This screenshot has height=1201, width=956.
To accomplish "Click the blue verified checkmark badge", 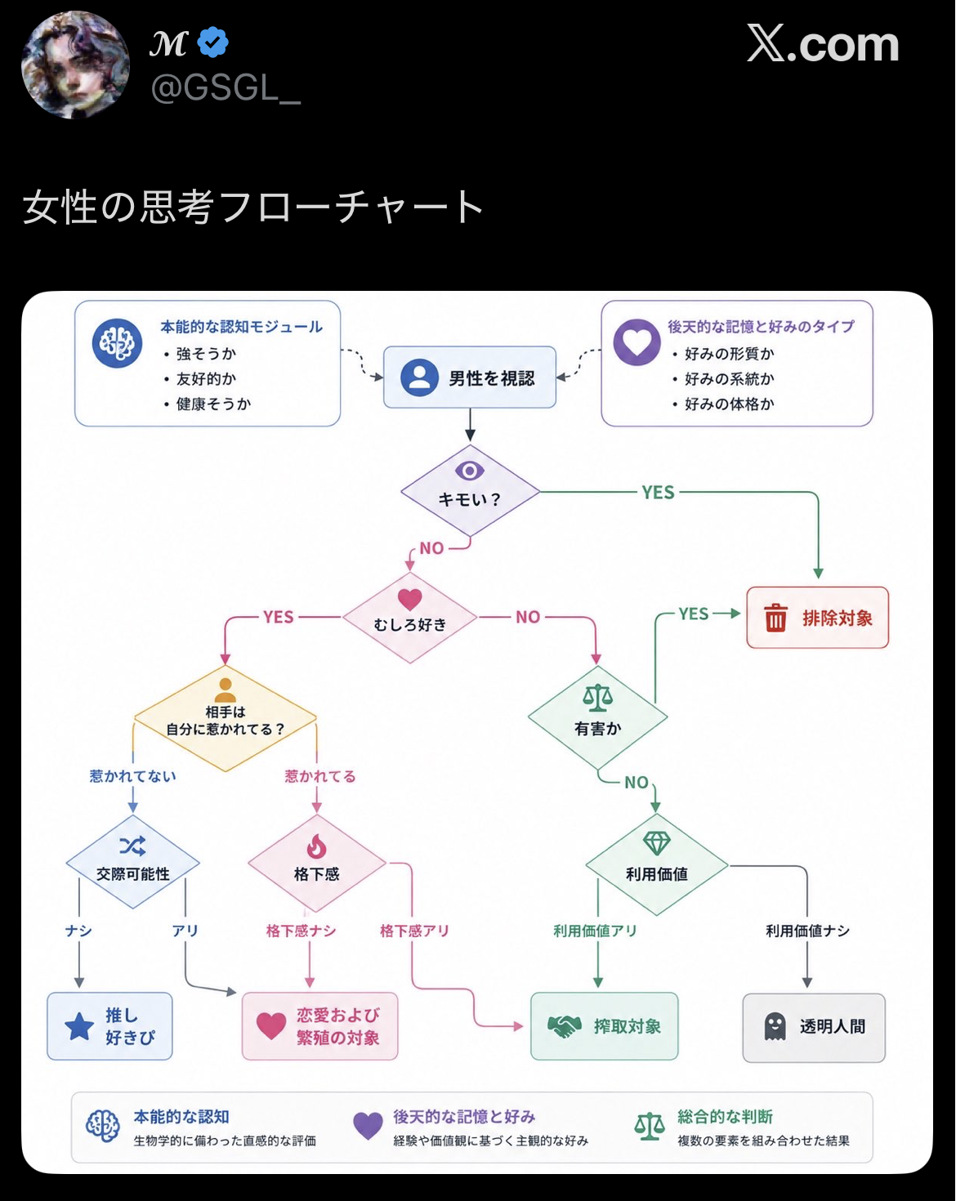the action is pyautogui.click(x=212, y=42).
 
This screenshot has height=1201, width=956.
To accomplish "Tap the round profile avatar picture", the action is pyautogui.click(x=75, y=65).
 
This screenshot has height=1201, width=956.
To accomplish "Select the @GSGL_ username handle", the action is pyautogui.click(x=226, y=88).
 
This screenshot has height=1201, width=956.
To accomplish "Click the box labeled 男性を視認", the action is pyautogui.click(x=469, y=377).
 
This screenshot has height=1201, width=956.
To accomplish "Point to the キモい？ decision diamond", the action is pyautogui.click(x=470, y=490).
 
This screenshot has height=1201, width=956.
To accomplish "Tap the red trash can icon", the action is pyautogui.click(x=775, y=617).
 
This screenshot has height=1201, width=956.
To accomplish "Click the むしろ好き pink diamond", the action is pyautogui.click(x=409, y=617).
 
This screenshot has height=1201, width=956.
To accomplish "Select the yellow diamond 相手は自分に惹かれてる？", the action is pyautogui.click(x=225, y=718).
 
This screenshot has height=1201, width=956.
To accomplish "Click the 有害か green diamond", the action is pyautogui.click(x=598, y=717).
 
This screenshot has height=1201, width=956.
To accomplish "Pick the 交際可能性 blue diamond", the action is pyautogui.click(x=133, y=862).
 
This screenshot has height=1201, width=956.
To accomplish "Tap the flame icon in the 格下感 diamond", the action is pyautogui.click(x=316, y=846).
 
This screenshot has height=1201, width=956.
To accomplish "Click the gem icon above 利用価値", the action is pyautogui.click(x=657, y=843).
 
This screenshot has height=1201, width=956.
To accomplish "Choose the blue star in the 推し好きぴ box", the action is pyautogui.click(x=79, y=1026).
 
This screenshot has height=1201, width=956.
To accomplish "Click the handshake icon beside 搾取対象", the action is pyautogui.click(x=565, y=1026).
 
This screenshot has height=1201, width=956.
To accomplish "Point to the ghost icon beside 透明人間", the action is pyautogui.click(x=775, y=1027).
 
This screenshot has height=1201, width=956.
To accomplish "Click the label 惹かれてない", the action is pyautogui.click(x=133, y=776).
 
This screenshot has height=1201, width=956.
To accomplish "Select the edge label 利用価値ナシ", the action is pyautogui.click(x=807, y=931).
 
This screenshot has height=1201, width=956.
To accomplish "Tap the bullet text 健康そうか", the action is pyautogui.click(x=214, y=404).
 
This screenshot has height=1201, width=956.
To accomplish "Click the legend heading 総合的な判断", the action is pyautogui.click(x=725, y=1116).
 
